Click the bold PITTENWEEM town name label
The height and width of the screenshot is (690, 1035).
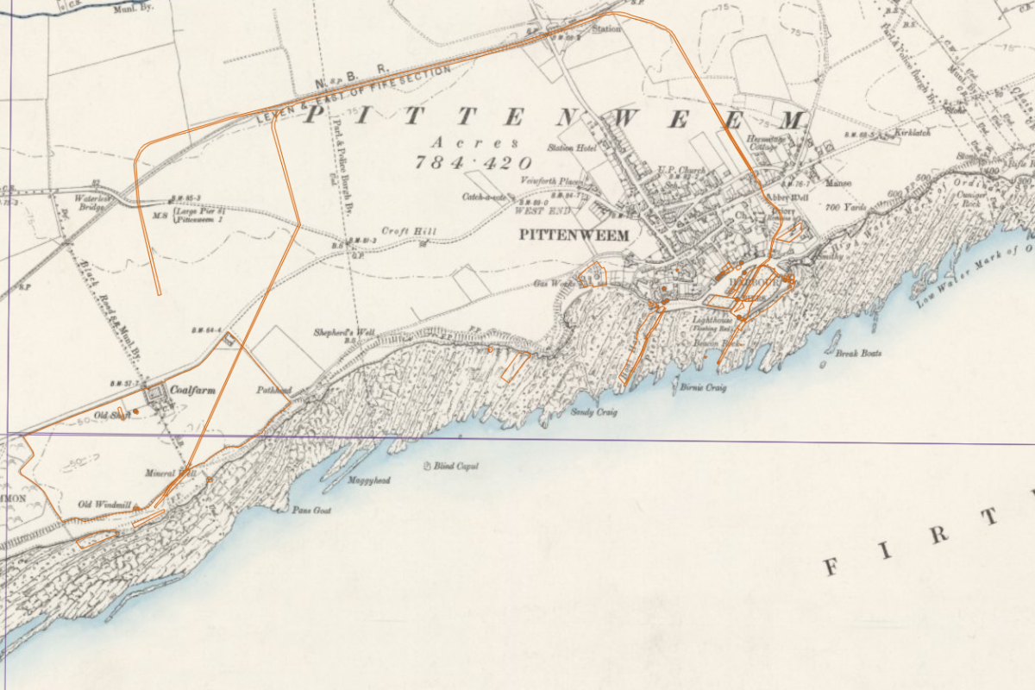[x=574, y=235]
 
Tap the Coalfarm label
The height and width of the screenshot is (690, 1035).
[x=192, y=390]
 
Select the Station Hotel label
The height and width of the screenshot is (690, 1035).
[x=572, y=148]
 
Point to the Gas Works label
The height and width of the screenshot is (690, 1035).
[x=555, y=283]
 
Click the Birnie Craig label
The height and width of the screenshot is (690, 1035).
[x=703, y=387]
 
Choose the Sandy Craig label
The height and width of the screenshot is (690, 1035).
[x=593, y=411]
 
